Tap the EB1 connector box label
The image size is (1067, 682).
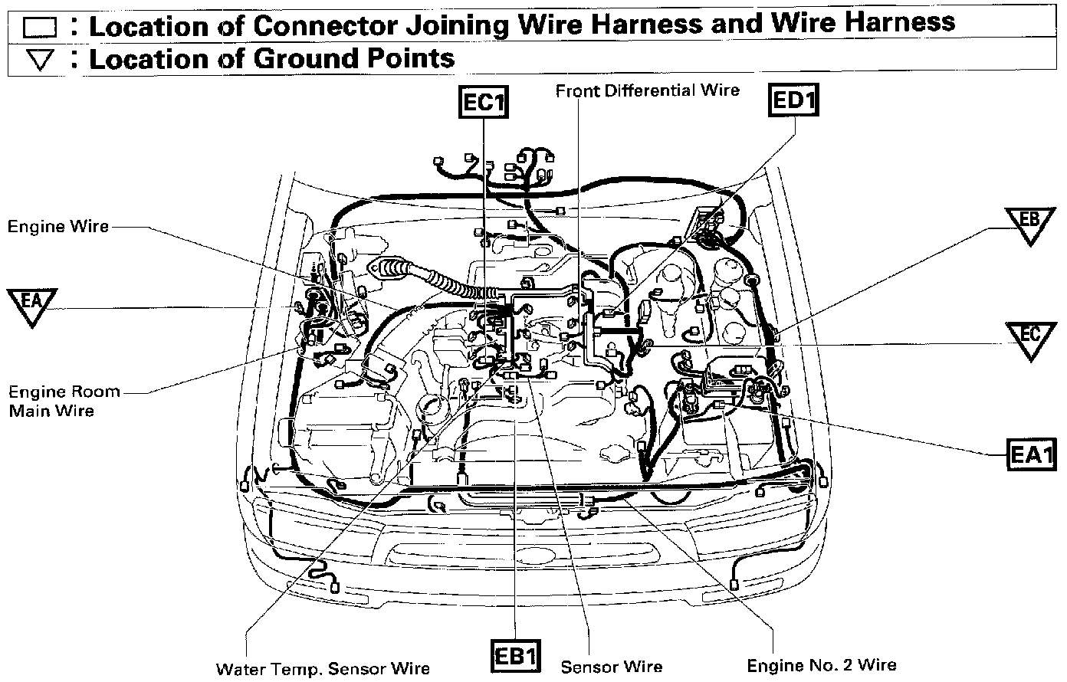515,657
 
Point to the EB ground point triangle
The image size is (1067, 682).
1030,223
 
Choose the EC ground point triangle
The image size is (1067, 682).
1031,338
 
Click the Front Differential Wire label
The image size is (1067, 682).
648,90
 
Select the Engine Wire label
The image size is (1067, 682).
58,227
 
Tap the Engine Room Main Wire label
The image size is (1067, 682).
64,401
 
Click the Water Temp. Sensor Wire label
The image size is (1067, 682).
323,669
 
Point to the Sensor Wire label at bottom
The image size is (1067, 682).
612,667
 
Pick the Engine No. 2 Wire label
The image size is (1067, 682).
822,664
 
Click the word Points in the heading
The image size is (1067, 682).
412,58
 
